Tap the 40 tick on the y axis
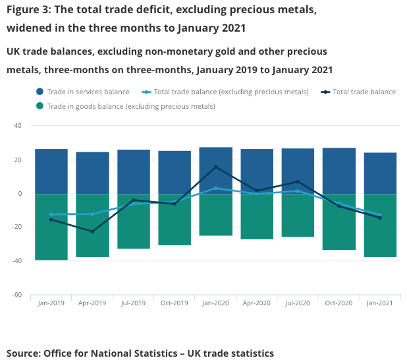click(x=18, y=126)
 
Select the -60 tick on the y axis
click(x=18, y=295)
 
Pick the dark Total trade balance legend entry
click(x=364, y=92)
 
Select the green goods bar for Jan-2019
click(x=51, y=227)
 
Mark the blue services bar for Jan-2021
click(x=380, y=173)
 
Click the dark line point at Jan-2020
click(x=215, y=167)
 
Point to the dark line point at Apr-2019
click(x=92, y=231)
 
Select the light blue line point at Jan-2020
click(x=215, y=188)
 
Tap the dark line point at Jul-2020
click(x=298, y=181)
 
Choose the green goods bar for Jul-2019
click(x=134, y=221)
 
